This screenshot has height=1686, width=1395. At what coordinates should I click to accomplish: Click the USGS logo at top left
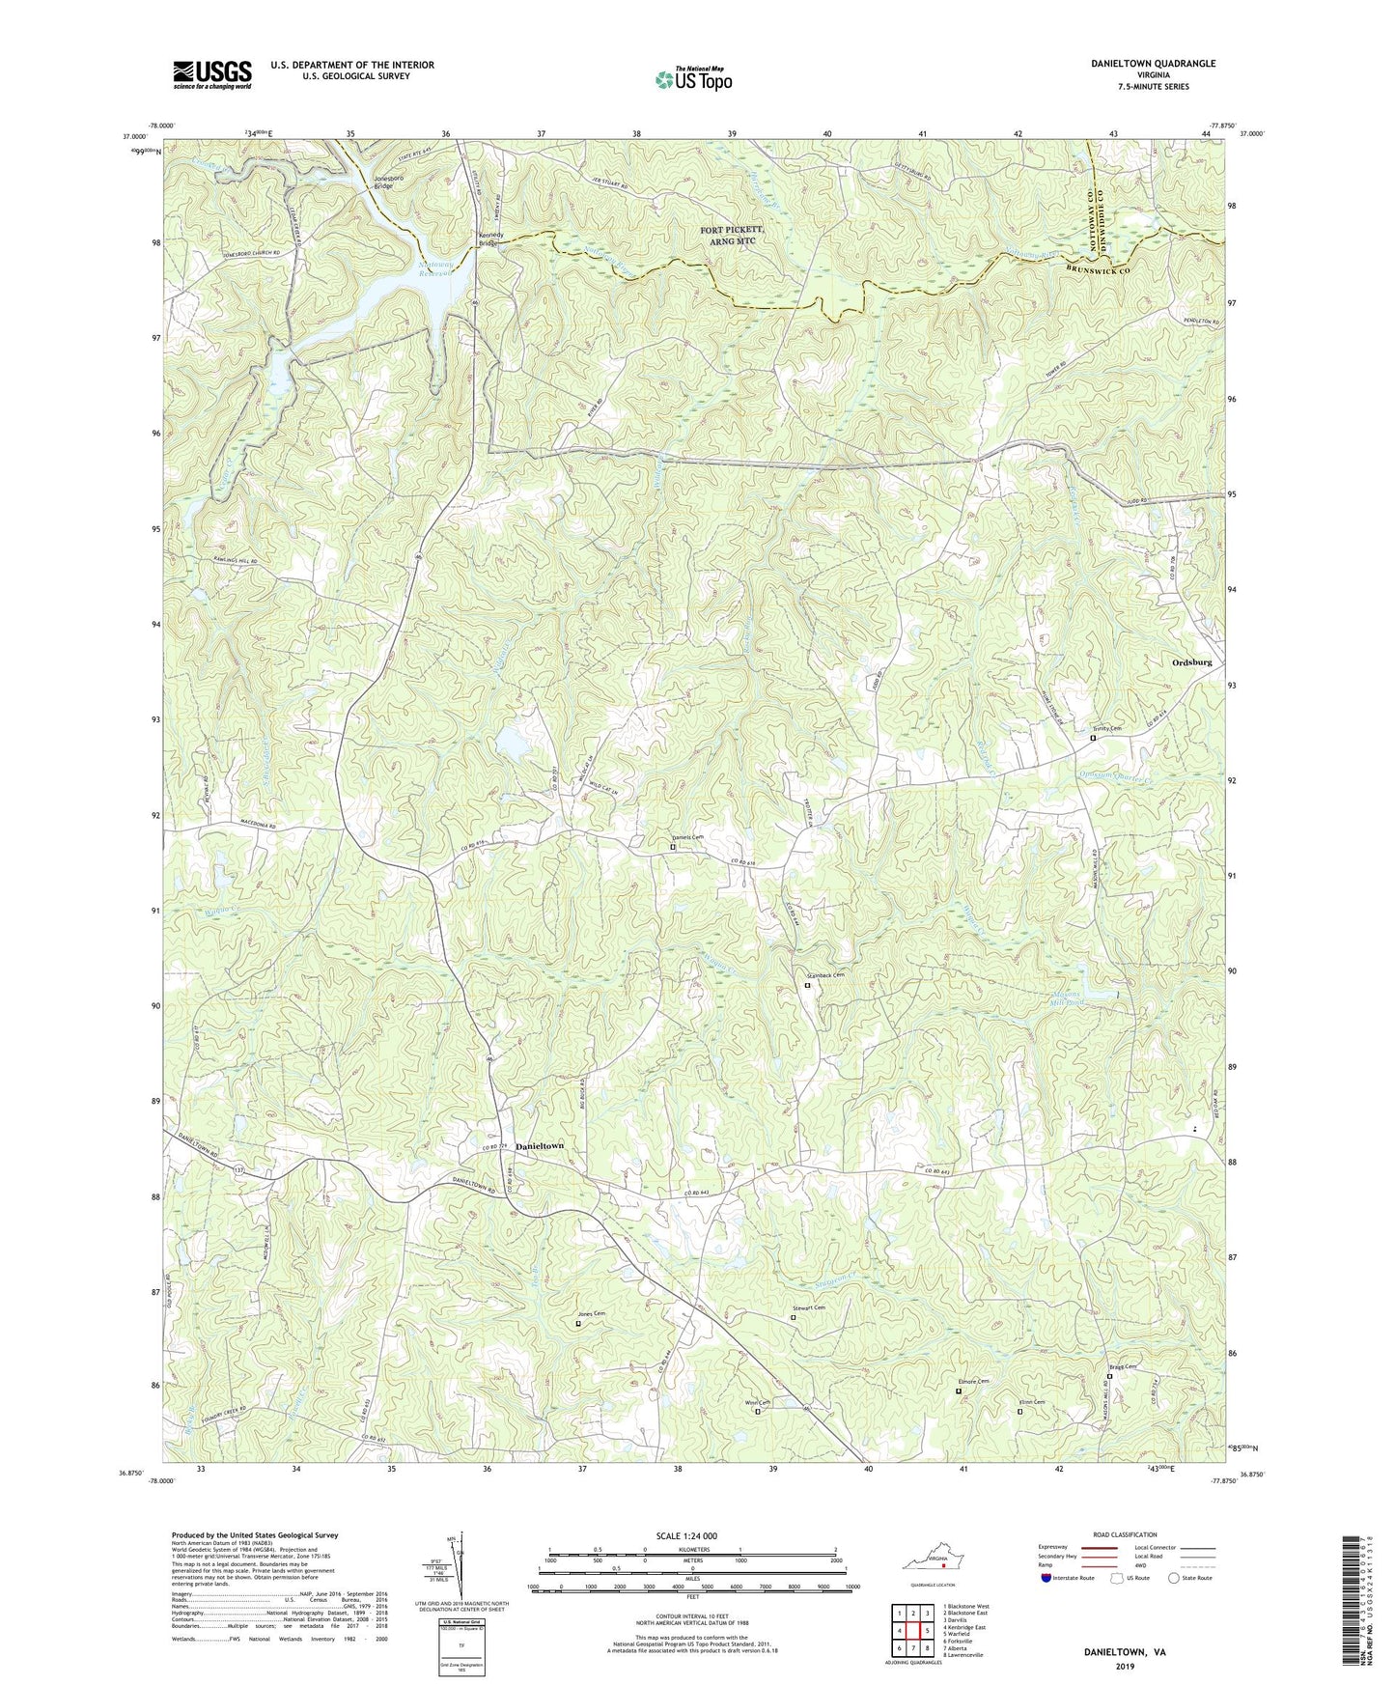(211, 74)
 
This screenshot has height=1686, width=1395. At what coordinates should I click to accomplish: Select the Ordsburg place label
(1191, 662)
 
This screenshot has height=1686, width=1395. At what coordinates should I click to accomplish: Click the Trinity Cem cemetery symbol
(1093, 738)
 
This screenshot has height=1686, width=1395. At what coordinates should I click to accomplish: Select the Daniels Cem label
(687, 837)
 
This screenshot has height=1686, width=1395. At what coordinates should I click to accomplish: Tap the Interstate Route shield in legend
(1048, 1578)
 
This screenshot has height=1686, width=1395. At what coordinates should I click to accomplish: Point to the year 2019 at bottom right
(1124, 1666)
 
